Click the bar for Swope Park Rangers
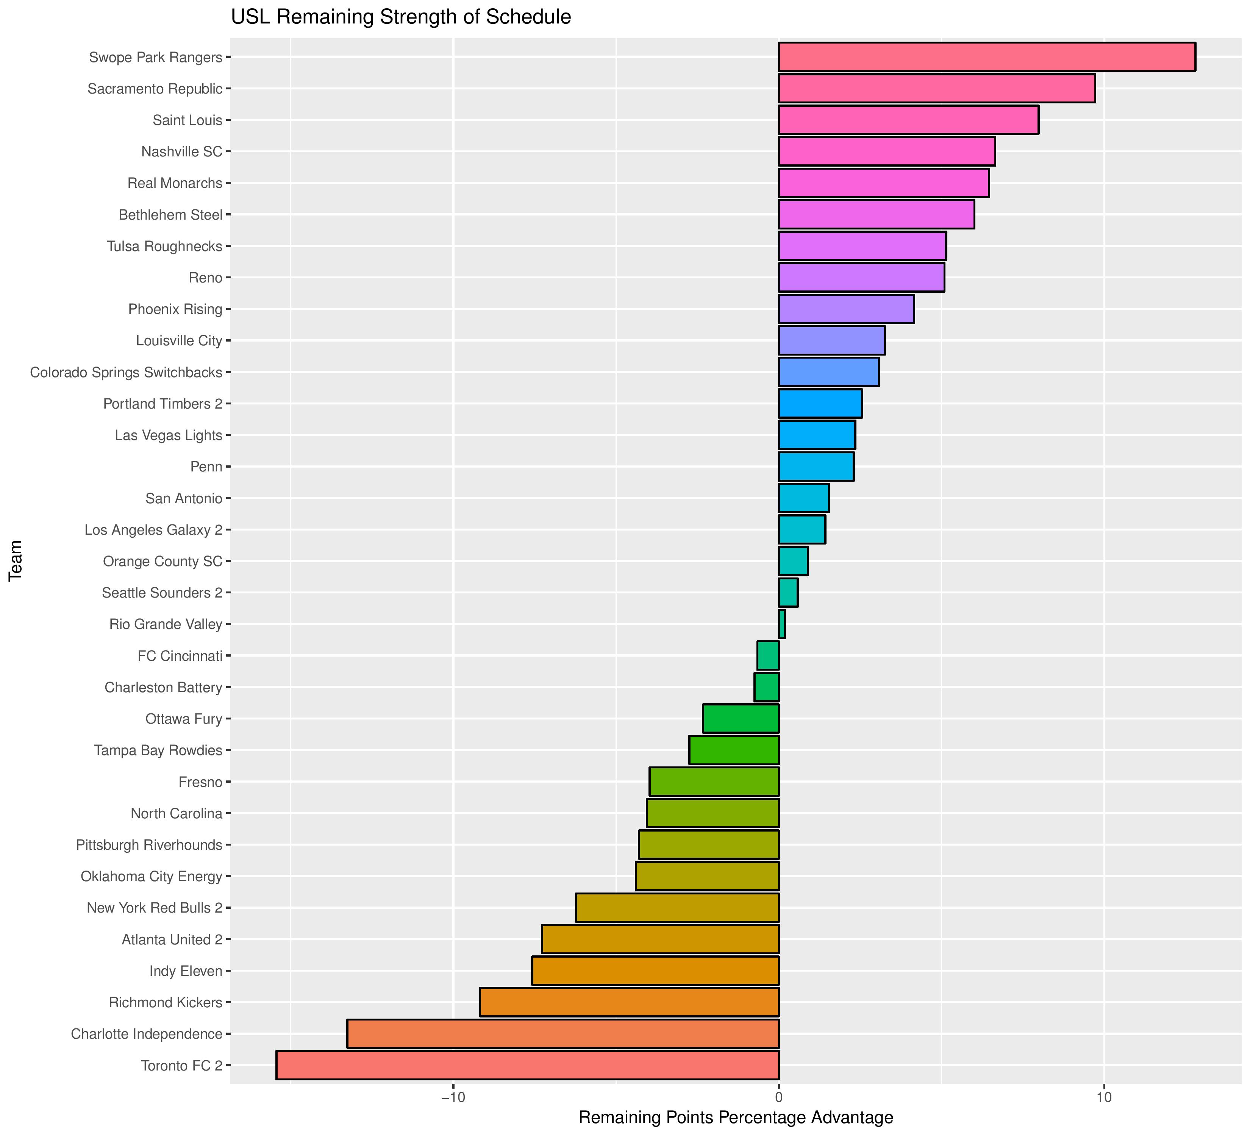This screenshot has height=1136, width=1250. click(x=986, y=57)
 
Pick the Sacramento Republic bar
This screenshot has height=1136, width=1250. click(x=936, y=89)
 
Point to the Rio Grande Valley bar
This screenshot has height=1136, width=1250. click(x=782, y=624)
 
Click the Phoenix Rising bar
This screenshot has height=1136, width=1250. click(x=846, y=309)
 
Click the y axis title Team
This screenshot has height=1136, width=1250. click(x=16, y=560)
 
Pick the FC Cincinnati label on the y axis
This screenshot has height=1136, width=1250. click(x=180, y=656)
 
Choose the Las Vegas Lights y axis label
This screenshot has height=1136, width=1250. click(x=168, y=436)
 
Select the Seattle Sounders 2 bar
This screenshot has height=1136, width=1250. click(x=788, y=593)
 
